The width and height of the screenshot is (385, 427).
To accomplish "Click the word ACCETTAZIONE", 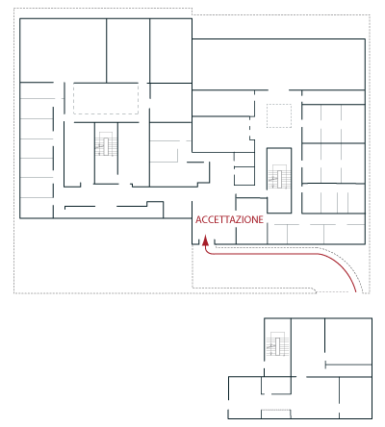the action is coord(229,219).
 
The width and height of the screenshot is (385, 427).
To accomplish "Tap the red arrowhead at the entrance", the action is coord(205,240).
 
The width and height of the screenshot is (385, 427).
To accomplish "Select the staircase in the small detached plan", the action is coord(277,343).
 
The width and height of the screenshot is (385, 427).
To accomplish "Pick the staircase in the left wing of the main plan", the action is coord(106,144).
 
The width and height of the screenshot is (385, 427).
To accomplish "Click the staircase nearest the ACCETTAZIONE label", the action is coord(279,177).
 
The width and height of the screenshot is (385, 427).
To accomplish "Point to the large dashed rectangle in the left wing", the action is coord(106,98).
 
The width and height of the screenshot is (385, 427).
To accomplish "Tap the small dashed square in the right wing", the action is coord(279,115).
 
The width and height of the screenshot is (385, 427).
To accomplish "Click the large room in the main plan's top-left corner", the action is coord(63,50).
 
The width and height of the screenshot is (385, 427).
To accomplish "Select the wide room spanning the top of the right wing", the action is coord(278,64).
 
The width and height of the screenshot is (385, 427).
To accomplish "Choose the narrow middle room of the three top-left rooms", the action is coord(128,50).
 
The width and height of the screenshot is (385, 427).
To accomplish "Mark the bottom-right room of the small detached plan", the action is coord(355,397).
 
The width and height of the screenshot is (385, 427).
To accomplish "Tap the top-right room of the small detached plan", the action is coord(348,341).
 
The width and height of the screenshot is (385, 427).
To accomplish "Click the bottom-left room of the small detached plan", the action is coord(244,397).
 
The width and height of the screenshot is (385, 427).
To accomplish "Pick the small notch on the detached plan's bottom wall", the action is coord(276,414).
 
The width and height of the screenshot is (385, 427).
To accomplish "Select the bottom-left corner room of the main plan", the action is coord(37,208).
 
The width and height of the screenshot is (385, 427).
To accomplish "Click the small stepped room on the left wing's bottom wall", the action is coord(155,210).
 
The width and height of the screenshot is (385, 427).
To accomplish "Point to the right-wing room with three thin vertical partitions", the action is coord(333,198).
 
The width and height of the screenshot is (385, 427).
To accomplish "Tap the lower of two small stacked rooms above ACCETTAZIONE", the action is coord(244,176).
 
